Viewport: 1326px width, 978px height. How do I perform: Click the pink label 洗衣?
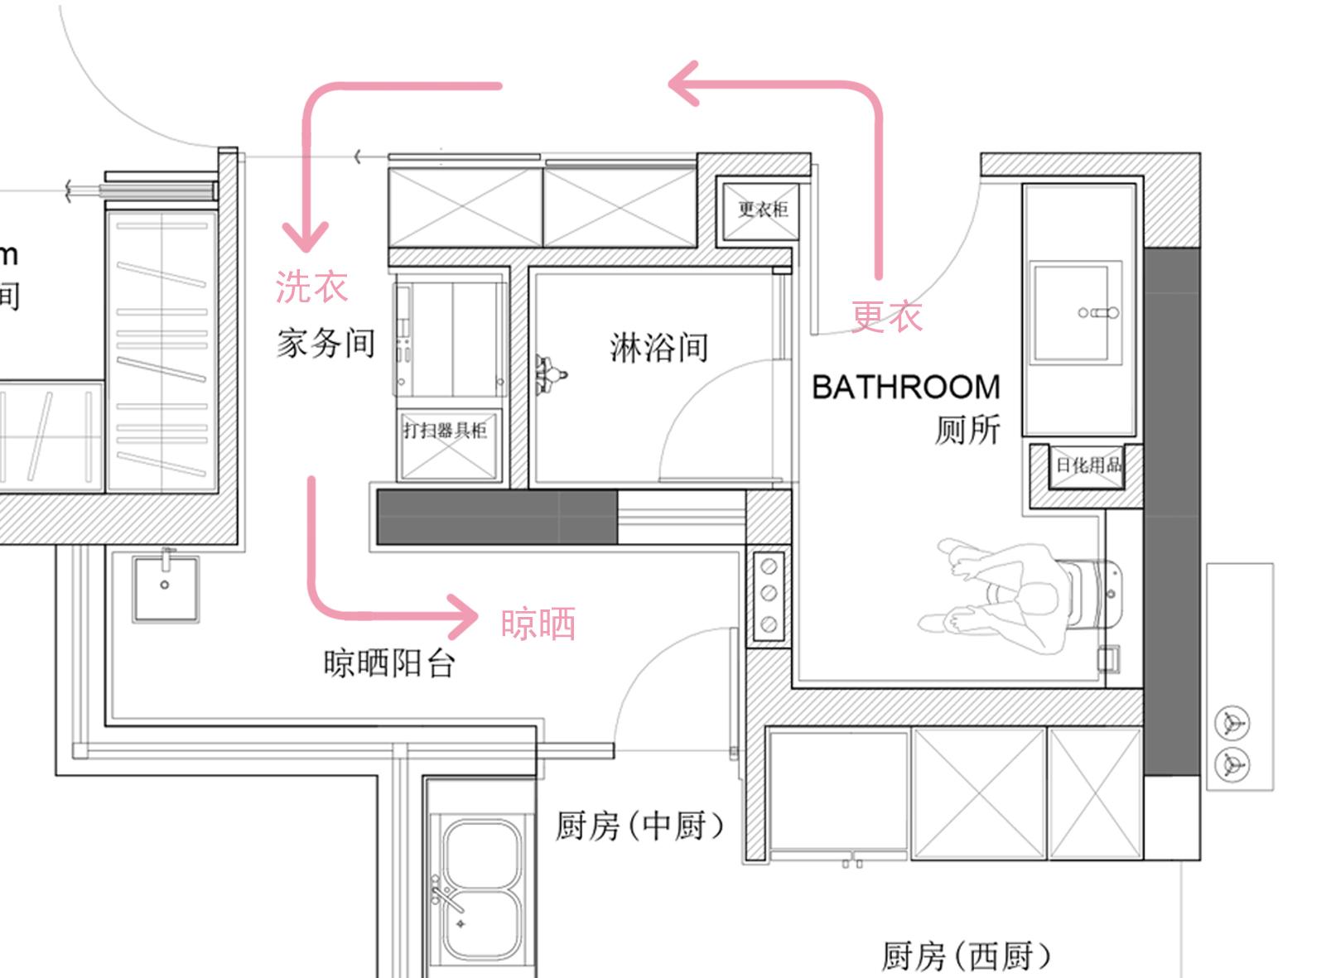click(311, 287)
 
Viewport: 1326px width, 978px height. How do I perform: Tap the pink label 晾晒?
click(538, 624)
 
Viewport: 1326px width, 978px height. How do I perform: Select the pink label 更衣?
click(887, 316)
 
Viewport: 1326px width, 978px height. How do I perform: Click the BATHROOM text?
click(906, 388)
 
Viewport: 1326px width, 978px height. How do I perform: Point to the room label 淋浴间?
click(659, 347)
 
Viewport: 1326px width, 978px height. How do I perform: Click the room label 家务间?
click(325, 343)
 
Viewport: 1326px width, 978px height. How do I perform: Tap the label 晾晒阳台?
click(389, 662)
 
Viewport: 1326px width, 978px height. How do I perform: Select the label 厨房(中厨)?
click(640, 826)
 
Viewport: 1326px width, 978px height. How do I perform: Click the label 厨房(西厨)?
click(966, 956)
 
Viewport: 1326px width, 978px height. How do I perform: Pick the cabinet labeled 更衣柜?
click(763, 209)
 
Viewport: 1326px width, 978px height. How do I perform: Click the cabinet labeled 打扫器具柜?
click(446, 431)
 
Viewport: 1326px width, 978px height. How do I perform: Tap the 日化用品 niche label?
click(1087, 465)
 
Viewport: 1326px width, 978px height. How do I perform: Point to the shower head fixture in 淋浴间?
click(549, 374)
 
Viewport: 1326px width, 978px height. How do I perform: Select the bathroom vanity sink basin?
click(1075, 312)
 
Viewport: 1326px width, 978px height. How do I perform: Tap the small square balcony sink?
click(166, 587)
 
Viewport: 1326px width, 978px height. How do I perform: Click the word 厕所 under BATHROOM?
click(967, 429)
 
